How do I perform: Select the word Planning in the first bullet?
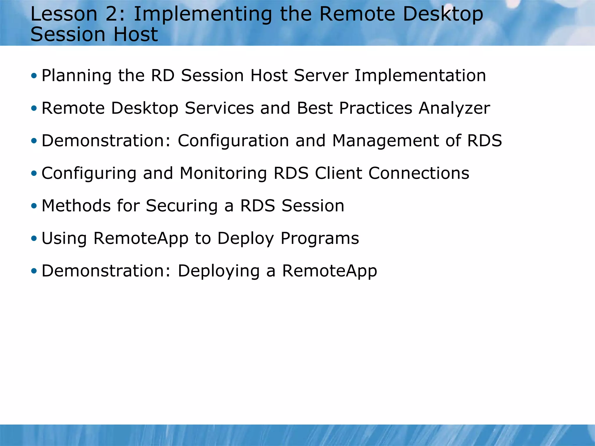pyautogui.click(x=76, y=76)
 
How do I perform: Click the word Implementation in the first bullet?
pyautogui.click(x=420, y=76)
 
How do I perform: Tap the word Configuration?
pyautogui.click(x=233, y=141)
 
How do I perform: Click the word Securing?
pyautogui.click(x=182, y=206)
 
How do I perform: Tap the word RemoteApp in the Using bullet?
pyautogui.click(x=141, y=238)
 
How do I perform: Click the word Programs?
pyautogui.click(x=320, y=239)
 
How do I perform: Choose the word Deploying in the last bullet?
pyautogui.click(x=218, y=271)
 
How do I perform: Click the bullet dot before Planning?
pyautogui.click(x=34, y=76)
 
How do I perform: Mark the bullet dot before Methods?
pyautogui.click(x=34, y=206)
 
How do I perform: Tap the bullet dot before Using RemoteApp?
pyautogui.click(x=34, y=239)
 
